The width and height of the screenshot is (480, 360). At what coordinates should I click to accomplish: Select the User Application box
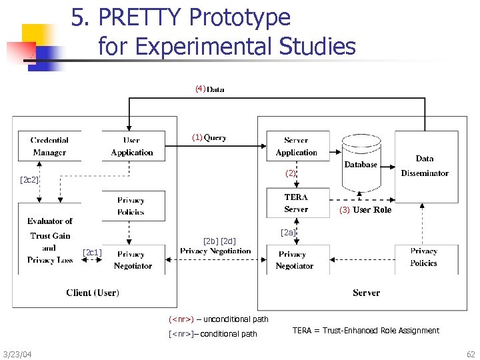coord(132,147)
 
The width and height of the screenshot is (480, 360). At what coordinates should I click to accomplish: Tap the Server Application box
coord(296,147)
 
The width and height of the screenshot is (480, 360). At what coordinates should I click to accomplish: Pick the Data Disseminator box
coord(425,165)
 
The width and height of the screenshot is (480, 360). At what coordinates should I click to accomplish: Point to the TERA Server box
coord(296,203)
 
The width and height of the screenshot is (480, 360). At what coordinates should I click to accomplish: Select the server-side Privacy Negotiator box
coord(295,259)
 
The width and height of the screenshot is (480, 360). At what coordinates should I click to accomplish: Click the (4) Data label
coord(209,89)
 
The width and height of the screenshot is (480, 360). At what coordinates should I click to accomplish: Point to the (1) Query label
coord(209,138)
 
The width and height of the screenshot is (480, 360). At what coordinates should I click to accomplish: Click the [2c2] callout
coord(29,180)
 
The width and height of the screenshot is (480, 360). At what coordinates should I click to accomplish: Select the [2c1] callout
coord(92,251)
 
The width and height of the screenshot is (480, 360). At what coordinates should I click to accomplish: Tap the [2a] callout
coord(288,232)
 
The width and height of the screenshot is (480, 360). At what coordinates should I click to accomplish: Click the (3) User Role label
coord(365,210)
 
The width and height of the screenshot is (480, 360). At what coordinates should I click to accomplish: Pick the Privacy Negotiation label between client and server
coord(215,251)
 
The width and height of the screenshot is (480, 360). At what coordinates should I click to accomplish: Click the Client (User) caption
coord(93,293)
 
